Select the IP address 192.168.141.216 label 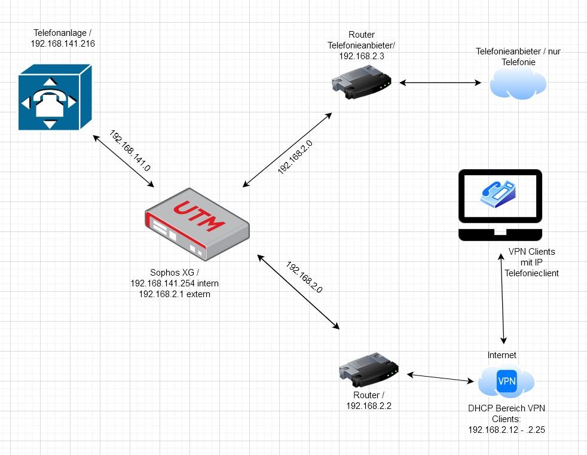(x=63, y=44)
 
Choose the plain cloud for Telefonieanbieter (x=518, y=83)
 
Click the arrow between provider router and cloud (x=441, y=83)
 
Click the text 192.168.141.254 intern (x=170, y=283)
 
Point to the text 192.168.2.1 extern (x=170, y=294)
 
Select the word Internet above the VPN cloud (x=502, y=355)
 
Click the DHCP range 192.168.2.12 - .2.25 (x=506, y=429)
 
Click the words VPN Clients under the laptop (x=531, y=251)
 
